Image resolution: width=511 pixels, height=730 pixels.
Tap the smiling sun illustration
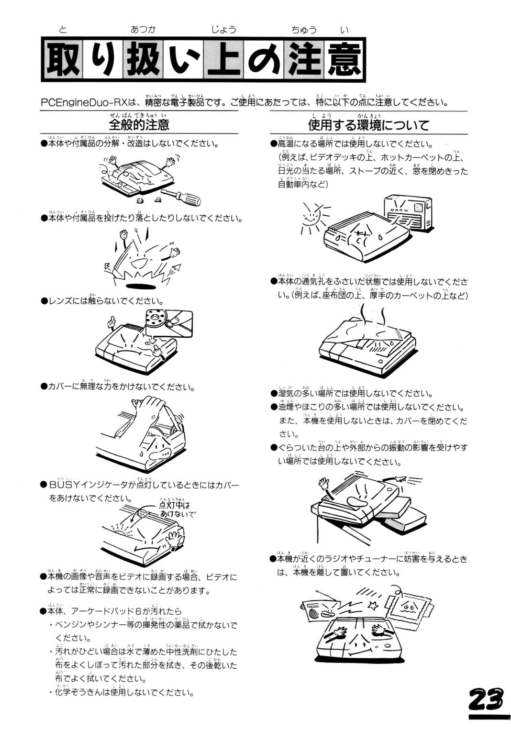pos(311,216)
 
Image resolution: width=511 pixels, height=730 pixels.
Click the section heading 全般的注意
pos(139,125)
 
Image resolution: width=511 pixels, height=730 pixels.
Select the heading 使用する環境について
pos(368,125)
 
